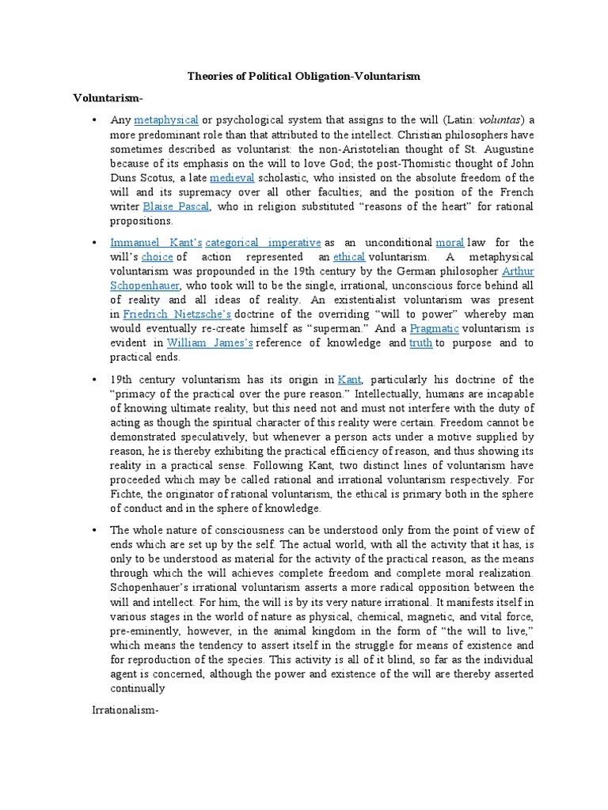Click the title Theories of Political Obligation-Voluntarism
[303, 76]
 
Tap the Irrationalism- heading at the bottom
[126, 710]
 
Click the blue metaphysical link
[165, 120]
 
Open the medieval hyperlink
[227, 178]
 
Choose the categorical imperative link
[263, 242]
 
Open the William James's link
[210, 343]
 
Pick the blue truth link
[420, 343]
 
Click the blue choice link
[157, 257]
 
